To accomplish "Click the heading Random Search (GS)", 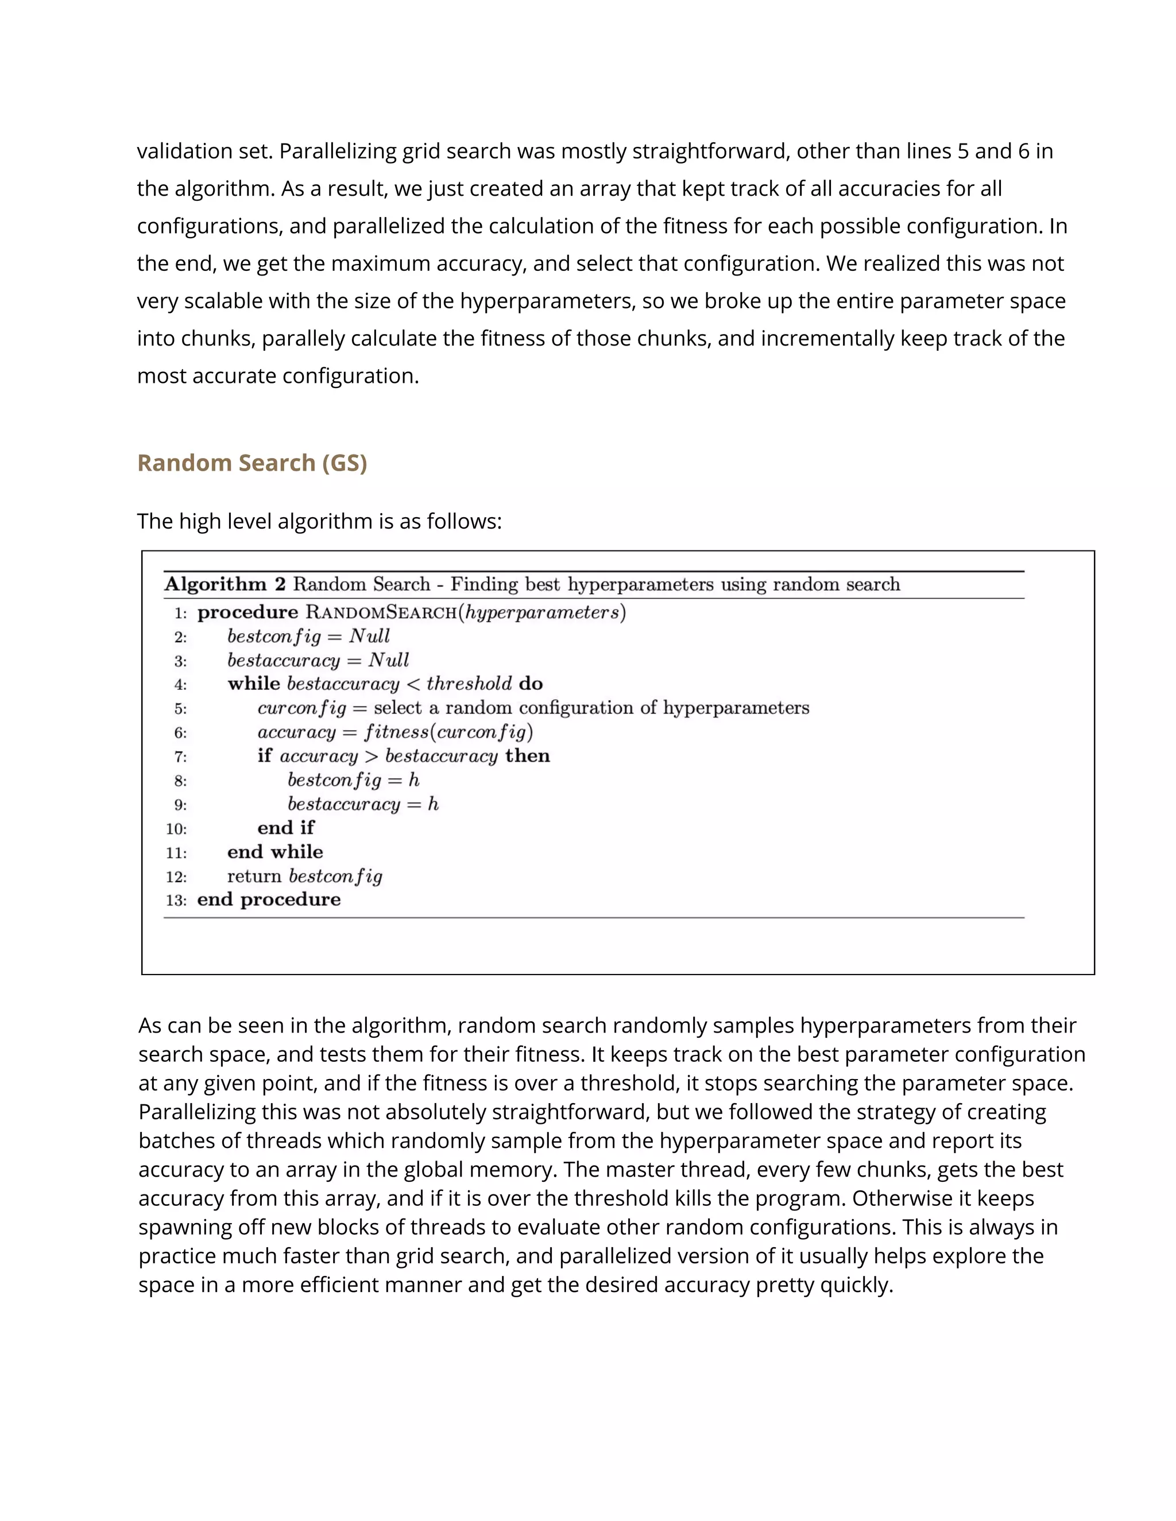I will click(252, 463).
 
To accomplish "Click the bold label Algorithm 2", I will click(225, 584).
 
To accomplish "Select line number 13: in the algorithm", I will click(176, 901).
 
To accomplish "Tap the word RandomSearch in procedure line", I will click(381, 613).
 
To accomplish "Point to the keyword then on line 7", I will click(527, 756).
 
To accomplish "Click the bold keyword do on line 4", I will click(531, 684).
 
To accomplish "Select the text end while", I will click(274, 852).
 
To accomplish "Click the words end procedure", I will click(269, 900).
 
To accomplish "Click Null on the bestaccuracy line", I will click(388, 660).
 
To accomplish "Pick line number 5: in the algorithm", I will click(180, 709).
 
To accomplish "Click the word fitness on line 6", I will click(396, 732).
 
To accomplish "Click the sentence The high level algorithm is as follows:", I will click(319, 521).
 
